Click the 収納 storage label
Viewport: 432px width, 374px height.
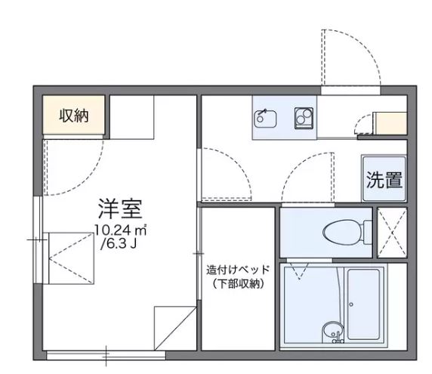point(73,116)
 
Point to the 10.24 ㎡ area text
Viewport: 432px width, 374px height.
point(120,230)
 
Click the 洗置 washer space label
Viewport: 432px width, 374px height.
point(384,180)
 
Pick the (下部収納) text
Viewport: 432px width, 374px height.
point(237,284)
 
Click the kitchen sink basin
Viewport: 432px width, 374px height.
point(265,117)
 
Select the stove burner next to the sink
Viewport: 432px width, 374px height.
point(304,117)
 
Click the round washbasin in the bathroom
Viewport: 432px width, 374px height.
point(330,331)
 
